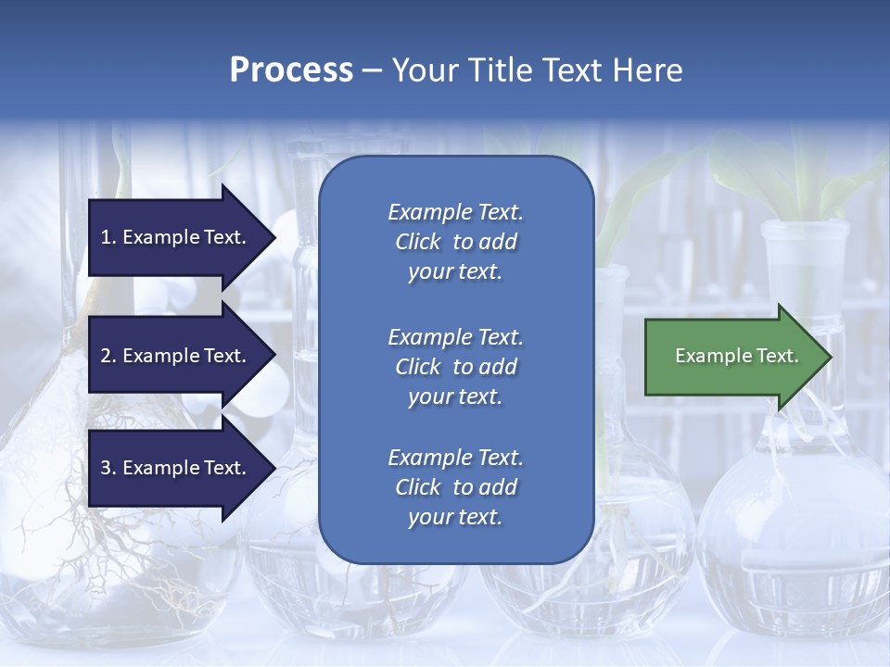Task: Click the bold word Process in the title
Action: tap(291, 70)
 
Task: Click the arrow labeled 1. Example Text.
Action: tap(176, 237)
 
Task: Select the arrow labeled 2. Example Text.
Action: tap(176, 356)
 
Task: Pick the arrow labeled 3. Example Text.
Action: tap(176, 468)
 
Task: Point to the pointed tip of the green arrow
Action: tap(830, 357)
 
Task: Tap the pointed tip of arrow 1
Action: tap(274, 237)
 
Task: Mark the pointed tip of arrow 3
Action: tap(274, 468)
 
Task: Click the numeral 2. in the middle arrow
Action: tap(108, 356)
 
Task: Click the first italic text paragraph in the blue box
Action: tap(455, 242)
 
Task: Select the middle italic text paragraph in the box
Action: tap(455, 367)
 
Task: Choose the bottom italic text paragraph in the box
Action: tap(455, 487)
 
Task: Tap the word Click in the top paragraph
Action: tap(418, 242)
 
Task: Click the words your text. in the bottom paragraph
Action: tap(455, 518)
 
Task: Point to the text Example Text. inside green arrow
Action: tap(737, 356)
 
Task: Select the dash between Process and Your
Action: tap(372, 70)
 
